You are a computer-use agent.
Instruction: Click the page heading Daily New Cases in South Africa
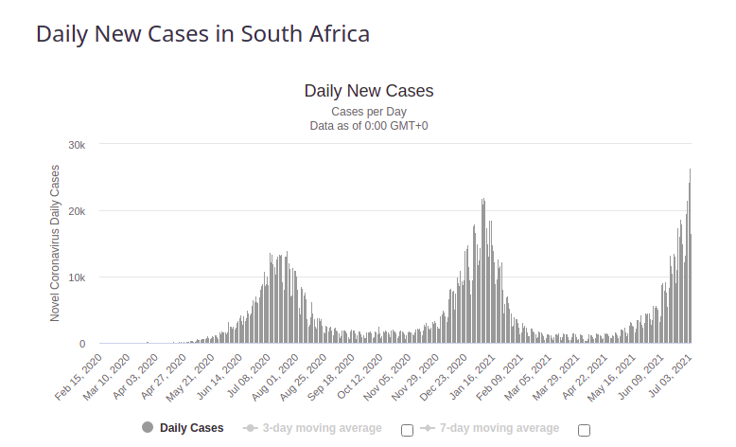[202, 33]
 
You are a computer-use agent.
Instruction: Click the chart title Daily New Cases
[368, 91]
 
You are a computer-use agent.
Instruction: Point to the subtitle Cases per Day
[368, 112]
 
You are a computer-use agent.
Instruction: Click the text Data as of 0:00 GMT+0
[368, 125]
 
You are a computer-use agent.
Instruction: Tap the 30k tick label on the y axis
[77, 145]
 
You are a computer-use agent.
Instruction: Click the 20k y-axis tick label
[77, 211]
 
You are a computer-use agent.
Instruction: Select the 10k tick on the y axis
[77, 277]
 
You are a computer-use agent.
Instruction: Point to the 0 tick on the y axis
[82, 344]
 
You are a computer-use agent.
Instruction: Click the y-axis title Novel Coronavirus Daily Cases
[55, 243]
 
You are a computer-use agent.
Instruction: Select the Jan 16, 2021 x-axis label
[474, 377]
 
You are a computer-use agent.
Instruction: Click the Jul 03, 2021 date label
[674, 377]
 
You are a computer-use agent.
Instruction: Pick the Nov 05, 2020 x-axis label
[388, 377]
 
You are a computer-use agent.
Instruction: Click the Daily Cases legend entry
[191, 428]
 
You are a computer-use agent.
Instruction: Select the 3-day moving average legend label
[322, 428]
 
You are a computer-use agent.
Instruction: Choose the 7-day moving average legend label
[499, 428]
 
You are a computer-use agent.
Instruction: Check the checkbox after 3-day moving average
[407, 430]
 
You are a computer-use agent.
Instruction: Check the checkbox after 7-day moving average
[584, 430]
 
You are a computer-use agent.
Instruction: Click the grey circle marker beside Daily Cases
[148, 428]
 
